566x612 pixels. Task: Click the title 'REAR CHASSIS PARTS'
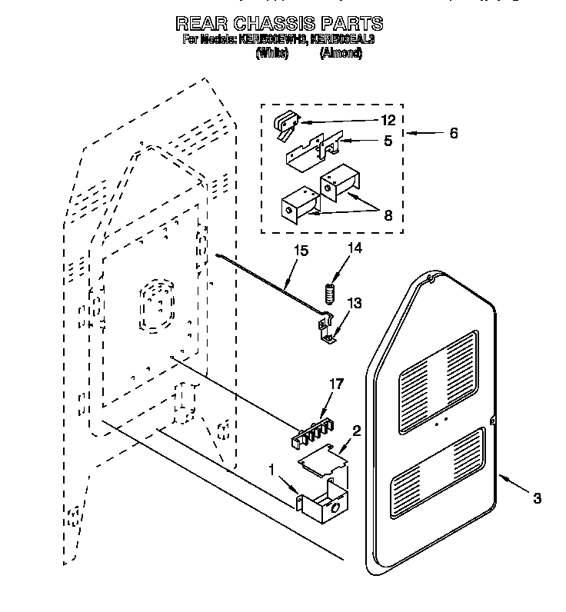278,23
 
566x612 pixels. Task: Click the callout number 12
388,120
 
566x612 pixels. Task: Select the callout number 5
388,141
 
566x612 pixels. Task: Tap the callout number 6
453,133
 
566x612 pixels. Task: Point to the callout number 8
388,216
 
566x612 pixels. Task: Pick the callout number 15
300,250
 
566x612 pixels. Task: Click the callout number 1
271,469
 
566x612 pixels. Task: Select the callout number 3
537,498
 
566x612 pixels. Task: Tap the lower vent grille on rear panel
438,472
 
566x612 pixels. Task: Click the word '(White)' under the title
271,53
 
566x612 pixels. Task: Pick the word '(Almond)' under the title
340,53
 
